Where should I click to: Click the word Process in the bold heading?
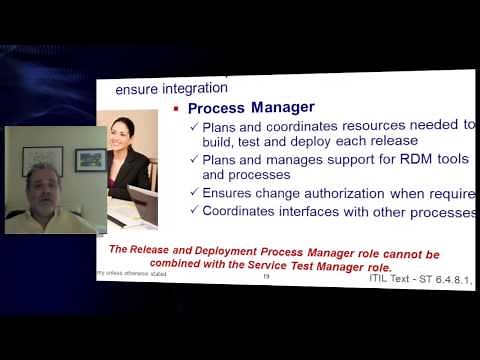point(217,107)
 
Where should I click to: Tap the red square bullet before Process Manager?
point(175,108)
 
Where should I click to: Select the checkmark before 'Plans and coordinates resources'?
point(194,126)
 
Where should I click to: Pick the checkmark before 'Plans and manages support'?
point(194,159)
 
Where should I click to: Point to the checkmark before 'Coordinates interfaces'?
point(194,211)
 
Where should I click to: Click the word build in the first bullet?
point(219,142)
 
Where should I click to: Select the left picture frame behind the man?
point(42,160)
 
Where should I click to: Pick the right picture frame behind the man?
point(89,159)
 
